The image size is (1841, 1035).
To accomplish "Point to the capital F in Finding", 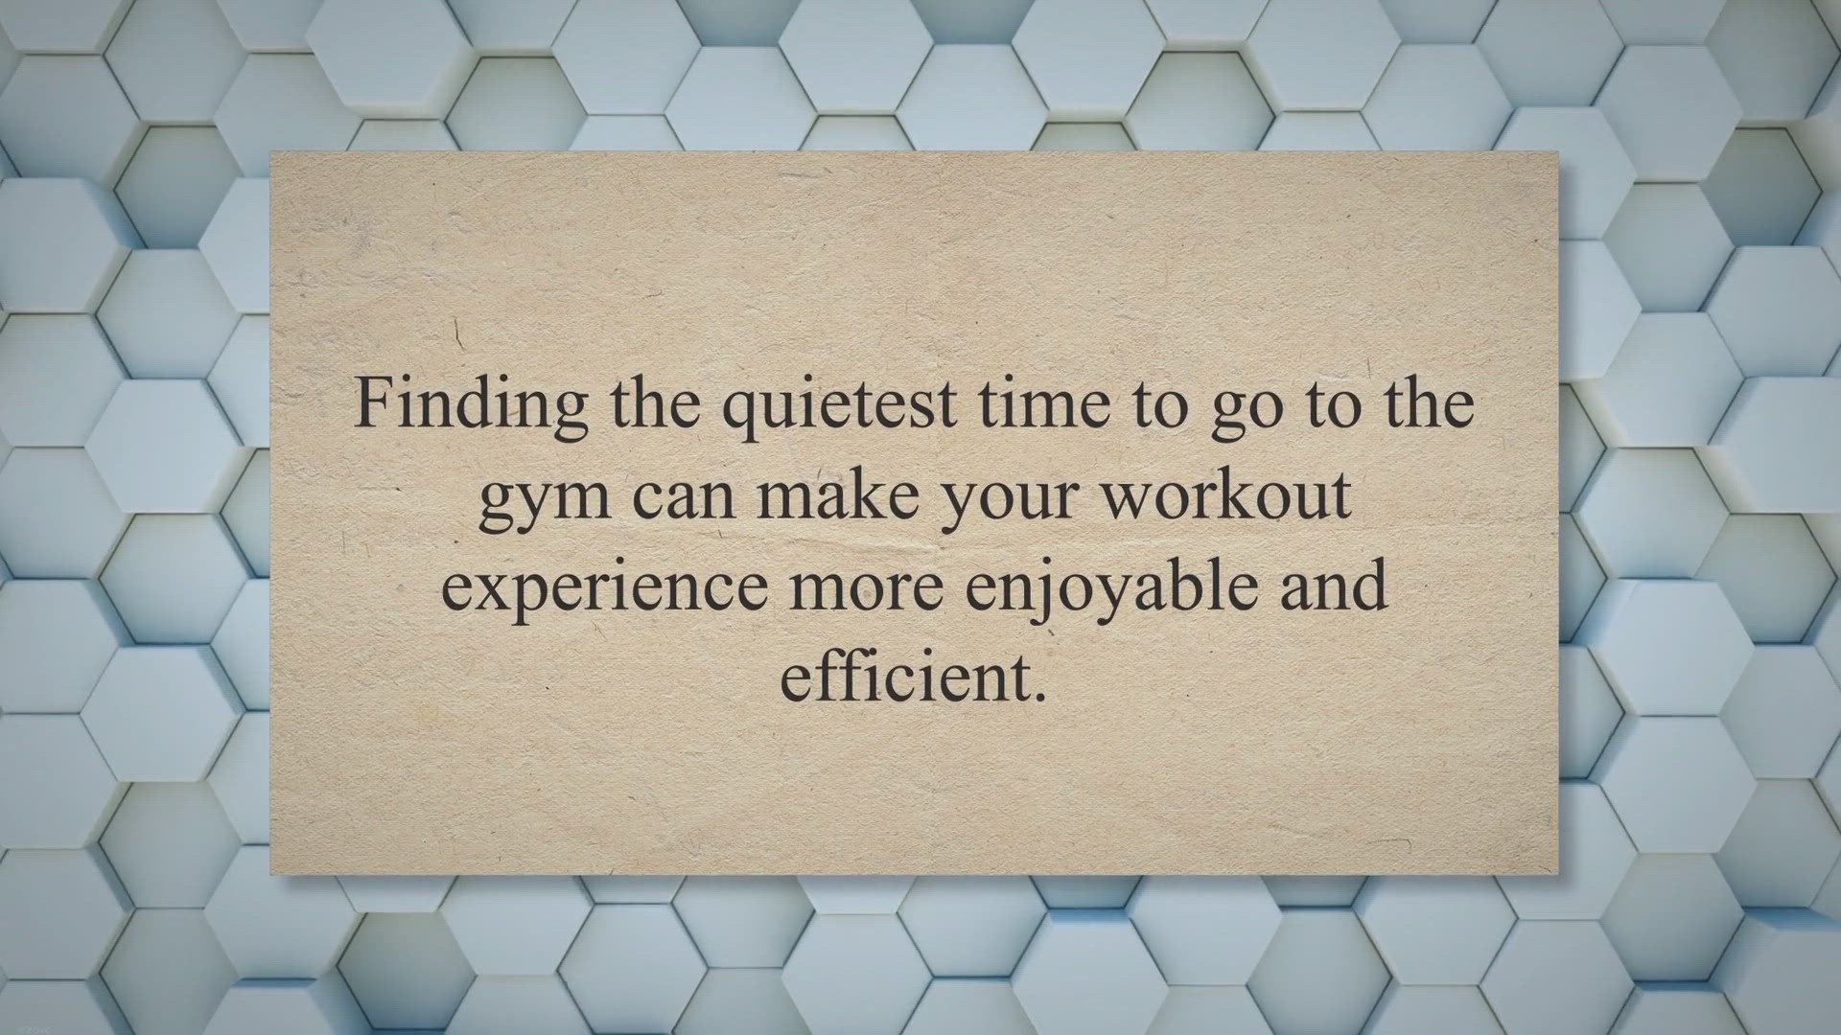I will point(372,403).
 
